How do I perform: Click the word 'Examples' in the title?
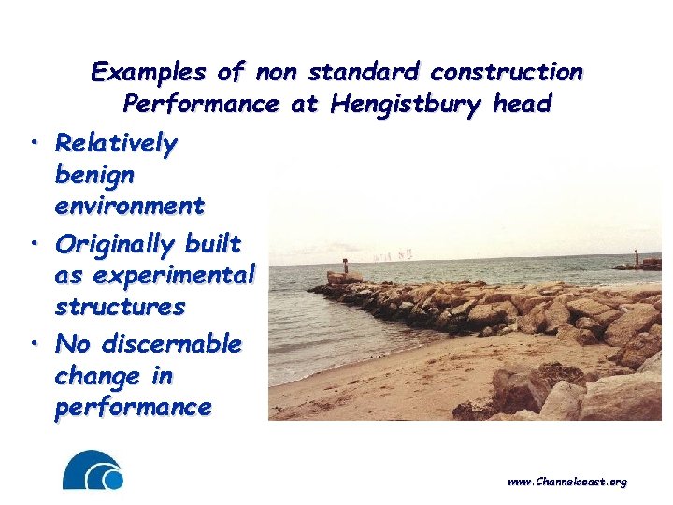(x=150, y=72)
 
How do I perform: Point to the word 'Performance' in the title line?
(x=200, y=104)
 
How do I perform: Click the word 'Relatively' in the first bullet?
(x=116, y=143)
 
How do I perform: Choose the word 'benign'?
(x=94, y=175)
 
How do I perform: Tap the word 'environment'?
(x=129, y=205)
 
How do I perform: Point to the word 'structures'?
(x=120, y=307)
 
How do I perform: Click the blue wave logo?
(x=93, y=470)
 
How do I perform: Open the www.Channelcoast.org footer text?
(x=566, y=482)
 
